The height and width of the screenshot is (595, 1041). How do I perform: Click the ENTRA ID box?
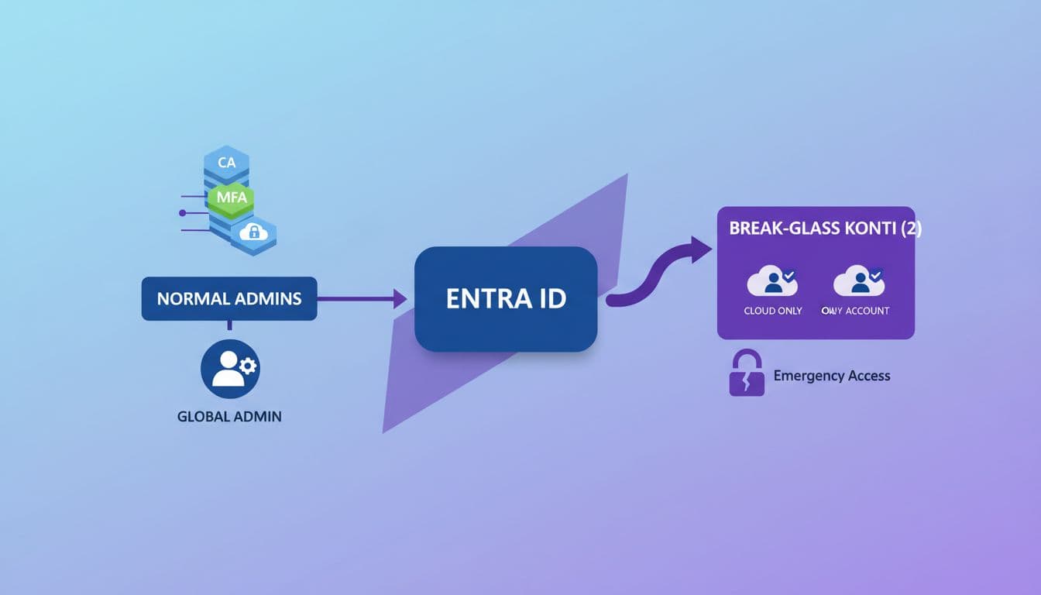[506, 299]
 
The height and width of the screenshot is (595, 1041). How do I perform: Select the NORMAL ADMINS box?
[229, 298]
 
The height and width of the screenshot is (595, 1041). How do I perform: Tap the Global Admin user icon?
[230, 367]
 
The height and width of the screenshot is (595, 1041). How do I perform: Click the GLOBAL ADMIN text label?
[229, 416]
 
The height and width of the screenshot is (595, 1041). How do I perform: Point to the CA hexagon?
[226, 163]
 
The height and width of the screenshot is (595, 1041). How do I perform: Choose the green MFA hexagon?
[231, 197]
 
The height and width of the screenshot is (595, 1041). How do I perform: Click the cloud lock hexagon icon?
[253, 232]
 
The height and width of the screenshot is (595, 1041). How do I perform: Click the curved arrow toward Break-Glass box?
[658, 271]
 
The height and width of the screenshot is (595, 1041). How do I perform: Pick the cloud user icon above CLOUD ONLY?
[772, 281]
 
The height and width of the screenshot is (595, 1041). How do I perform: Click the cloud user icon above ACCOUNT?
[858, 281]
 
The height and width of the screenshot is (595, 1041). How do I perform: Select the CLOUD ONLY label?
[772, 311]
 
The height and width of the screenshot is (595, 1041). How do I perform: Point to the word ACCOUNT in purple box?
[867, 311]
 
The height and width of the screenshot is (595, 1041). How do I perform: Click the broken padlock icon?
[747, 374]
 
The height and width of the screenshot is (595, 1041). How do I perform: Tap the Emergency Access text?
[832, 376]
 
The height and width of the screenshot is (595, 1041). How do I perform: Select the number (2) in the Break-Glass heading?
[908, 229]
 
